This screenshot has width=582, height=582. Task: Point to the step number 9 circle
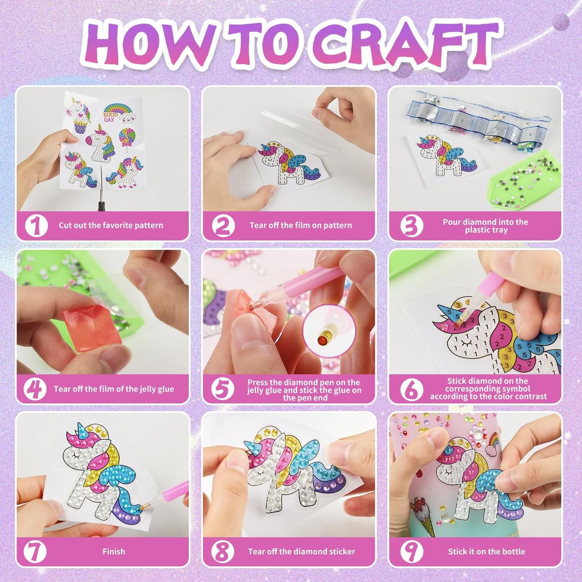411,551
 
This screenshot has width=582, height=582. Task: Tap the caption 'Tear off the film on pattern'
301,225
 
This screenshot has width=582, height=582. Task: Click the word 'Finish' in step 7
114,551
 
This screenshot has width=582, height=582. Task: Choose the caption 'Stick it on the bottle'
486,551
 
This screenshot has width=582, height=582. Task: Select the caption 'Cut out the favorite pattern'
111,225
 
